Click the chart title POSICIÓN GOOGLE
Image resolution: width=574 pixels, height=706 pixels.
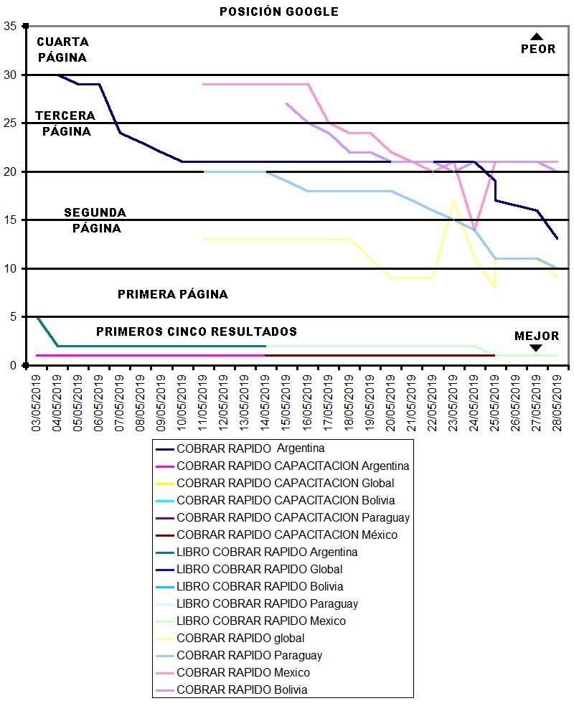(279, 11)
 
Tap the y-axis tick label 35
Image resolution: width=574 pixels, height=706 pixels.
(11, 27)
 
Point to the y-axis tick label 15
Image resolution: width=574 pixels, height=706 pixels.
(11, 220)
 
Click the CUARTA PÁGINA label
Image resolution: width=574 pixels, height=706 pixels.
(62, 50)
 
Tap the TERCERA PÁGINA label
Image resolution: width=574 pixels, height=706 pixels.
(66, 123)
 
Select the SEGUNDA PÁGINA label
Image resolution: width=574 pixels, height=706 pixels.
(95, 220)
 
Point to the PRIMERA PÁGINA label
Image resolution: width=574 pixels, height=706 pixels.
(172, 294)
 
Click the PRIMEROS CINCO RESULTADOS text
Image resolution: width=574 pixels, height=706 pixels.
(197, 331)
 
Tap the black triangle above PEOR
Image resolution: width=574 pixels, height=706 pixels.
(537, 36)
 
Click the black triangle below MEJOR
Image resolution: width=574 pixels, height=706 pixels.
(535, 348)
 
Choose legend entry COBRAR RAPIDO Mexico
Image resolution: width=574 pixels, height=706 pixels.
(243, 673)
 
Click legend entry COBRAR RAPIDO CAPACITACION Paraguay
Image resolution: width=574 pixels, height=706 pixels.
(287, 517)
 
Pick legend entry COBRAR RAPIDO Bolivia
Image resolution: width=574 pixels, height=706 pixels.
(242, 690)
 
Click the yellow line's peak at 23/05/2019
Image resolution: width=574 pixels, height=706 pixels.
(453, 201)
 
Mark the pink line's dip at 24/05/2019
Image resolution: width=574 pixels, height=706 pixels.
(474, 230)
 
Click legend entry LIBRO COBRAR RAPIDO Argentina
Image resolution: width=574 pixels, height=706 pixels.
(267, 552)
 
